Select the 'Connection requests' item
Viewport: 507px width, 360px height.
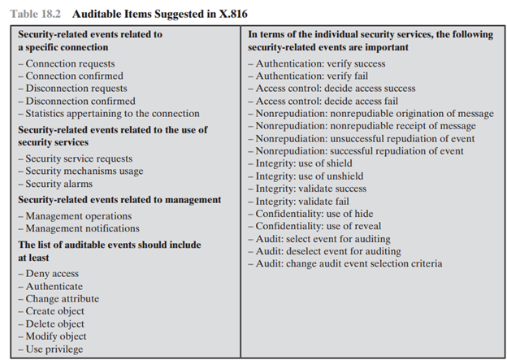pos(70,63)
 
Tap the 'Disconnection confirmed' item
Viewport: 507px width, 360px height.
pos(74,101)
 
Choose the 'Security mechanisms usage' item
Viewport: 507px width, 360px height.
pos(84,171)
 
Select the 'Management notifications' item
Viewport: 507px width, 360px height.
pos(82,228)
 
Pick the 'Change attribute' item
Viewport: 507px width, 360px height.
pos(63,299)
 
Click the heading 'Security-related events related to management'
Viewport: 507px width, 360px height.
pos(119,199)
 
